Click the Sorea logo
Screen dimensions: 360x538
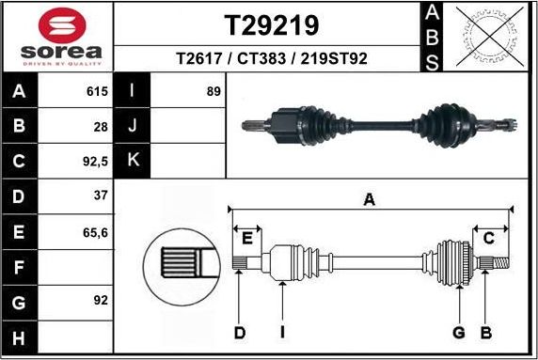(x=56, y=37)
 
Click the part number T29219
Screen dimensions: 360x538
(x=271, y=23)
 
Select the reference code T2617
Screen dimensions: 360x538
(x=198, y=58)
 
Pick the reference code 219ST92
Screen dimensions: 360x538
(x=330, y=58)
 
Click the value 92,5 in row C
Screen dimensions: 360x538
(x=95, y=160)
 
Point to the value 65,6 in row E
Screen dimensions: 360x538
(x=96, y=230)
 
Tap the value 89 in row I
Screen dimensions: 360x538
(x=213, y=92)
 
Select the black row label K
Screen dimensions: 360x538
(x=132, y=160)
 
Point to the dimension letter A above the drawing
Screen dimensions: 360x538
(x=370, y=198)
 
